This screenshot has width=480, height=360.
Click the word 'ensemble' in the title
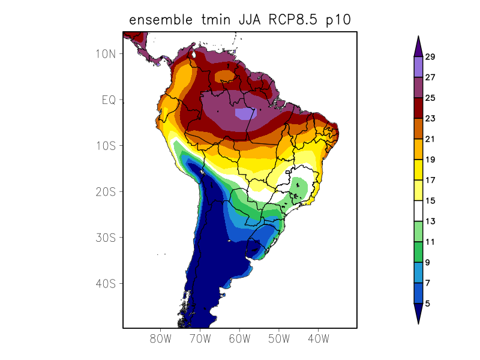click(162, 20)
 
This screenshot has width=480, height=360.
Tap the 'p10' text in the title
click(337, 20)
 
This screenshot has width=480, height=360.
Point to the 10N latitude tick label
click(106, 53)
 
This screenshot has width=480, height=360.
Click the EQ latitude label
click(108, 100)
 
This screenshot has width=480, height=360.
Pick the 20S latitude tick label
click(106, 191)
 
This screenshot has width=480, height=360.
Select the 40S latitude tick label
click(106, 283)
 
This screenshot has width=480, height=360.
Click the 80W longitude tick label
click(161, 339)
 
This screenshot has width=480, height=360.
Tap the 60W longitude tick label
click(239, 339)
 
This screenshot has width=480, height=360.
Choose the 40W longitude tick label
click(318, 339)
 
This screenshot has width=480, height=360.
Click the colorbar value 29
click(430, 57)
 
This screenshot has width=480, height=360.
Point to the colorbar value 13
click(430, 221)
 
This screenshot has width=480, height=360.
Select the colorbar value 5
click(428, 304)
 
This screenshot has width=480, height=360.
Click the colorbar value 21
click(430, 139)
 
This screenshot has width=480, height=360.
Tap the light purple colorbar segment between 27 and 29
click(418, 67)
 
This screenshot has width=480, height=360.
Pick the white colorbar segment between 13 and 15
click(418, 211)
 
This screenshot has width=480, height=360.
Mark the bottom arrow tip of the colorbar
click(418, 323)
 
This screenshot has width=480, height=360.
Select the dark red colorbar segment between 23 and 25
click(418, 108)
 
